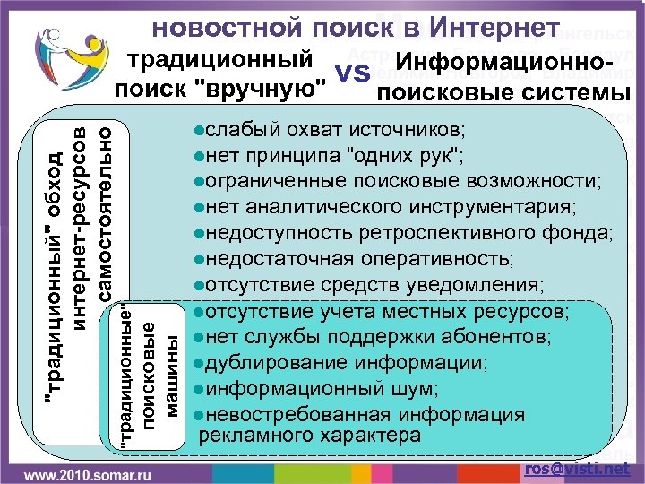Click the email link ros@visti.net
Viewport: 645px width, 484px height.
pos(578,468)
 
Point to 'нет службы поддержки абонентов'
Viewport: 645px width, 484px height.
pos(372,338)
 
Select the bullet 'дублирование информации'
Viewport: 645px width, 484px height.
pos(341,363)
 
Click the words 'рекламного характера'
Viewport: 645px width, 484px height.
pos(310,436)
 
